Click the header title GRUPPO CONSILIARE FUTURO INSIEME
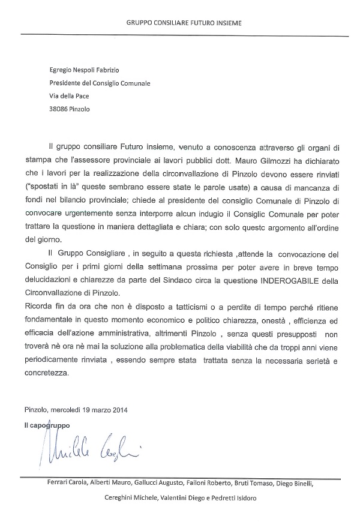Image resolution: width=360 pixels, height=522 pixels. (x=185, y=23)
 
